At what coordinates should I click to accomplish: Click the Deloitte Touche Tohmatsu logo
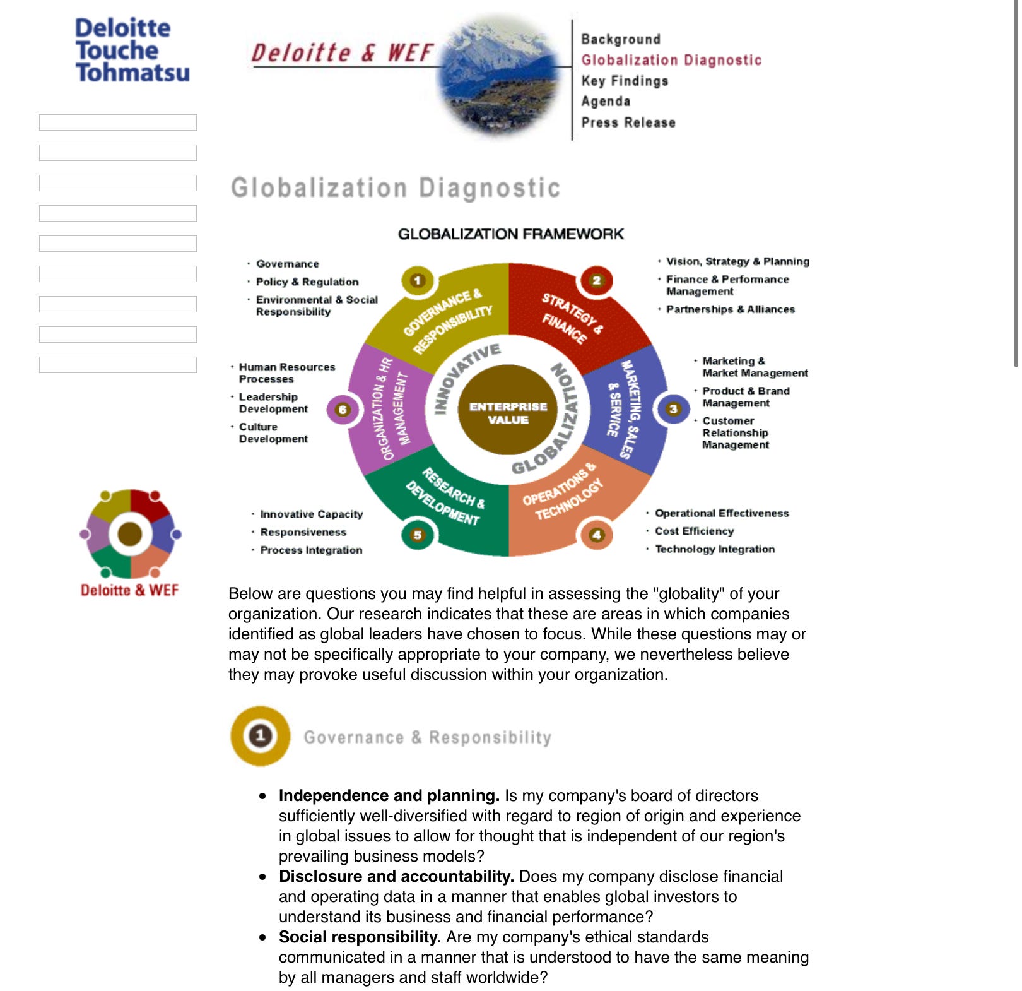132,50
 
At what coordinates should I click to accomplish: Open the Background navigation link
620,39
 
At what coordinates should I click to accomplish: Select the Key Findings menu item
624,81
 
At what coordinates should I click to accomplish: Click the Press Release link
628,122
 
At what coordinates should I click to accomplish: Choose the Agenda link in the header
605,102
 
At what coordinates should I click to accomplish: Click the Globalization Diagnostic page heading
395,188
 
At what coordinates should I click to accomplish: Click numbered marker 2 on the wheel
596,280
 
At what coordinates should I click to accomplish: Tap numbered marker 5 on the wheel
417,535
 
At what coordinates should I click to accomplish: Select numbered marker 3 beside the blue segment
673,409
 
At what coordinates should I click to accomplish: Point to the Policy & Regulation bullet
307,282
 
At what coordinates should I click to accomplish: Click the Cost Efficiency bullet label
694,531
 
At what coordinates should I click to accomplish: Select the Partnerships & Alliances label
730,309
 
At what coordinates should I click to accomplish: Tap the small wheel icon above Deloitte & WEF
131,534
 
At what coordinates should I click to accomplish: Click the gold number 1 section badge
260,735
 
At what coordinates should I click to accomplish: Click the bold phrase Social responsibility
360,937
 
